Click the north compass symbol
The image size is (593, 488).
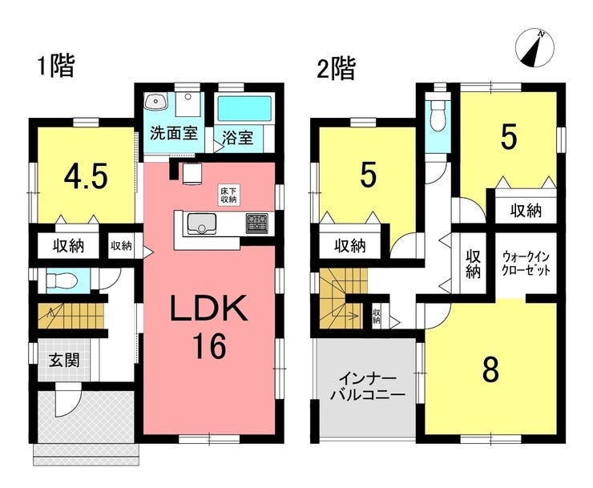coord(535,48)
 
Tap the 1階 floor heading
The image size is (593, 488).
coord(57,66)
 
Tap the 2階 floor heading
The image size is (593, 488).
coord(337,69)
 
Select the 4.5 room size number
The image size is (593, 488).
coord(86,176)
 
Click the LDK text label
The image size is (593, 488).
coord(209,308)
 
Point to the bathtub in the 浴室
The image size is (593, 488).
coord(244,108)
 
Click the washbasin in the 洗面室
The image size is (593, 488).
coord(155,102)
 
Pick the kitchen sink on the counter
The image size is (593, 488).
coord(202,224)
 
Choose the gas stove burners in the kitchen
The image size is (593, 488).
coord(256,224)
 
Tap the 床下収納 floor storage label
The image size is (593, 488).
coord(228,196)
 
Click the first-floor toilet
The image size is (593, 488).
coord(61,280)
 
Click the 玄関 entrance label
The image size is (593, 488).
coord(65,361)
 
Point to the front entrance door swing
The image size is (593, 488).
coord(67,400)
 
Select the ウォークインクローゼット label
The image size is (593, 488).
coord(526,264)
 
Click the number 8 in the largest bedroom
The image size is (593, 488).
coord(490,370)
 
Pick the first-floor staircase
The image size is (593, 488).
coord(71,316)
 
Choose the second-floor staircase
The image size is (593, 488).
coord(343,298)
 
